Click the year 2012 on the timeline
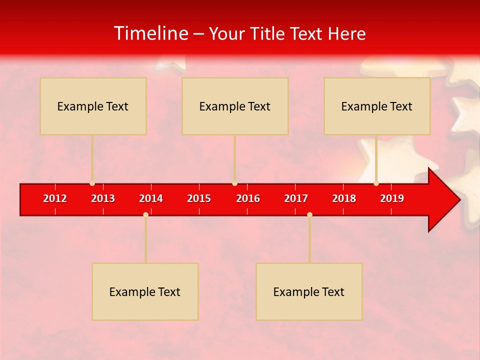coord(55,198)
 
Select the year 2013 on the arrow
coord(103,198)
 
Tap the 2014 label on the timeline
coord(151,198)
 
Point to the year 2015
coord(199,198)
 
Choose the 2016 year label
coord(248,198)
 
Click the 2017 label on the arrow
coord(296,198)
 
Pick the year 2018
coord(344,198)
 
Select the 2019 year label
coord(392,198)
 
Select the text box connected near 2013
coord(93,106)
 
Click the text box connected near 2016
coord(235,106)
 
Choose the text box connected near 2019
coord(377,106)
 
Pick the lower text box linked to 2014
coord(145,291)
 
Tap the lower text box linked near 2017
coord(309,291)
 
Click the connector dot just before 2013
coord(92,183)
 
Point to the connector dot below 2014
coord(145,214)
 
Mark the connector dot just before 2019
coord(376,183)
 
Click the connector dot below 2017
coord(309,214)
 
